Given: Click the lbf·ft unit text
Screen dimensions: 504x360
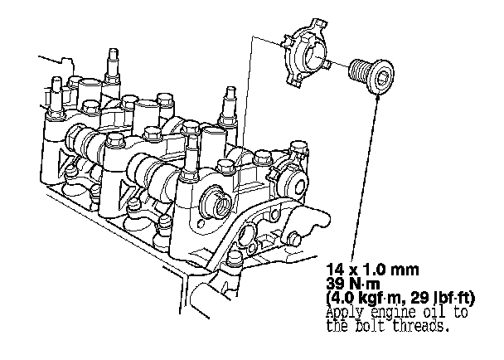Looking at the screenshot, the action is [449, 299].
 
